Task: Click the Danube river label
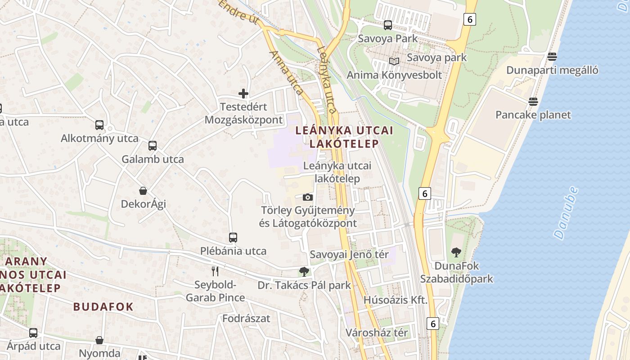pyautogui.click(x=566, y=213)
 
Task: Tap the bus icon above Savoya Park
pyautogui.click(x=387, y=25)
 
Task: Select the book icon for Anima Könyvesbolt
pyautogui.click(x=394, y=61)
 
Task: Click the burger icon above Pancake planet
pyautogui.click(x=533, y=101)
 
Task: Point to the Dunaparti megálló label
pyautogui.click(x=552, y=70)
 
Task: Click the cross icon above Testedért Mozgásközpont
pyautogui.click(x=243, y=94)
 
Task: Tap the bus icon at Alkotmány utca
pyautogui.click(x=99, y=125)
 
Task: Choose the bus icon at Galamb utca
pyautogui.click(x=153, y=146)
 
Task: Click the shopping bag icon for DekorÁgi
pyautogui.click(x=143, y=191)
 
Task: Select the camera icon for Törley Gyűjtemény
pyautogui.click(x=308, y=197)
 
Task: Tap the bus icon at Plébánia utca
pyautogui.click(x=233, y=238)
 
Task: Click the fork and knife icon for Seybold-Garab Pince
pyautogui.click(x=215, y=271)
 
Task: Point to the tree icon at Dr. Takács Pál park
pyautogui.click(x=304, y=271)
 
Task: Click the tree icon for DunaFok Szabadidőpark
pyautogui.click(x=456, y=252)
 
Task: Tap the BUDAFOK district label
pyautogui.click(x=103, y=307)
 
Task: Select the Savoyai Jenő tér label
pyautogui.click(x=349, y=254)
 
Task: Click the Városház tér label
pyautogui.click(x=377, y=333)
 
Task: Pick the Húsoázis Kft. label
pyautogui.click(x=395, y=300)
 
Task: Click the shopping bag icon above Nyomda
pyautogui.click(x=99, y=340)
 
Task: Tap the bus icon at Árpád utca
pyautogui.click(x=33, y=333)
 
